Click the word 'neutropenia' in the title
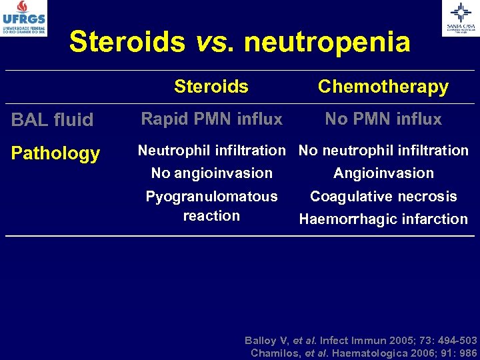coord(327,42)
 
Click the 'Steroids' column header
coord(211,87)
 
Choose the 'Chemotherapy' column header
coord(383,87)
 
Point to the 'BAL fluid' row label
coord(53,120)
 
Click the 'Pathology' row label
coord(55,153)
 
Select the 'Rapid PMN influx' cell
coord(212,119)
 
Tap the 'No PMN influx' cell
coord(383,119)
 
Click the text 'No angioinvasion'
coord(212,173)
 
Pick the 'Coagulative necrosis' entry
coord(383,197)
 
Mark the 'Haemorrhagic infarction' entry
coord(383,219)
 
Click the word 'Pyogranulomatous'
coord(212,197)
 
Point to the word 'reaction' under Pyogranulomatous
coord(212,216)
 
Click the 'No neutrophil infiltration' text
coord(383,151)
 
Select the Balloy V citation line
coord(361,340)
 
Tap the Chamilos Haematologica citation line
coord(363,353)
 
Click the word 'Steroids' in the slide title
coord(127,42)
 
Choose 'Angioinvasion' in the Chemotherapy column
coord(383,173)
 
